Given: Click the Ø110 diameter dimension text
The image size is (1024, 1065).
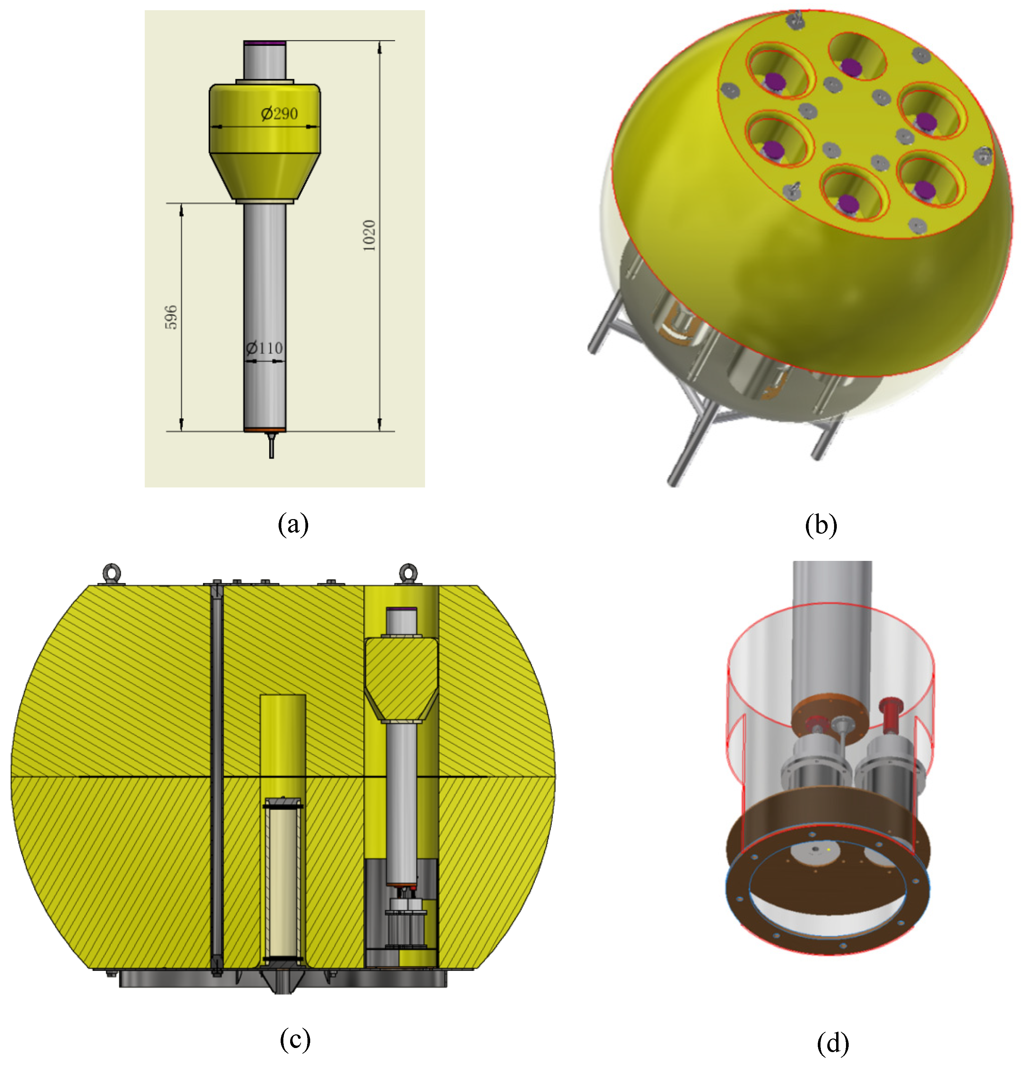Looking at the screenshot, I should click(264, 348).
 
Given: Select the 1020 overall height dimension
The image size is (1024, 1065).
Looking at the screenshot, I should click(369, 235).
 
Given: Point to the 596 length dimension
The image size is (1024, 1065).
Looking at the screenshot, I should click(171, 317).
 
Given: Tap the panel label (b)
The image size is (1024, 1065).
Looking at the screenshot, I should click(820, 525).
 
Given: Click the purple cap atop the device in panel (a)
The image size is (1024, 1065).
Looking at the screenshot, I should click(264, 42).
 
